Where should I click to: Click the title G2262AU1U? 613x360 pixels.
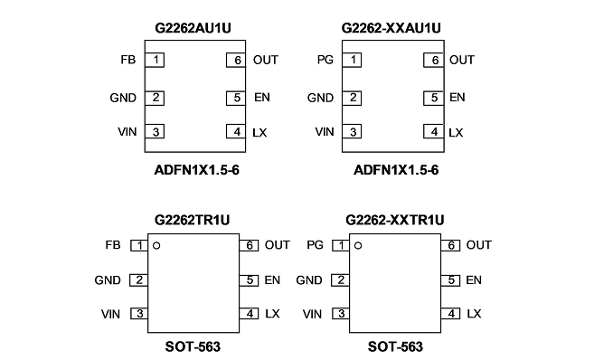(x=193, y=28)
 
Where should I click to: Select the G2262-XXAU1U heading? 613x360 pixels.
(x=391, y=28)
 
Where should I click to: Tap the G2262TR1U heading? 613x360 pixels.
(x=192, y=220)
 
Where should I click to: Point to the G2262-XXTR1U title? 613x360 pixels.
(x=395, y=220)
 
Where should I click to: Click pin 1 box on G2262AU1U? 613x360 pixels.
(x=155, y=60)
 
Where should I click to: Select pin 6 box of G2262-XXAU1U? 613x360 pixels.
(x=434, y=60)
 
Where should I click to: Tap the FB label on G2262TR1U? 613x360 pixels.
(x=113, y=245)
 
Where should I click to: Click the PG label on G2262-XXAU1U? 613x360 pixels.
(x=325, y=60)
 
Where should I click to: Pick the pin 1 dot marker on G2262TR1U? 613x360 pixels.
(x=156, y=246)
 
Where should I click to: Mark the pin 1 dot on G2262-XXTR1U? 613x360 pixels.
(x=358, y=246)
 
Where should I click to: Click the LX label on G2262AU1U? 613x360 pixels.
(x=259, y=133)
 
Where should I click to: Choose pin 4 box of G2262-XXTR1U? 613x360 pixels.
(x=451, y=314)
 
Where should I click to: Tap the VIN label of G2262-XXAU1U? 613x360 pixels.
(x=325, y=132)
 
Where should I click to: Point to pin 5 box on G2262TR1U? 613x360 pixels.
(x=249, y=280)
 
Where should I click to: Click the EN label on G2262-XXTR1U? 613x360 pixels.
(x=474, y=280)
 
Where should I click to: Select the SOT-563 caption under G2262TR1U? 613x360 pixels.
(x=193, y=346)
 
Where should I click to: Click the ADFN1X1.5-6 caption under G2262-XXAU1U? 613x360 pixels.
(x=396, y=170)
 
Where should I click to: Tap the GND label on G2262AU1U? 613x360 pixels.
(x=123, y=98)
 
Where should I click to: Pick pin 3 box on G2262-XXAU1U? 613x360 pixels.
(x=352, y=132)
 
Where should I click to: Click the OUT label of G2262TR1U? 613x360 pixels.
(x=278, y=245)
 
